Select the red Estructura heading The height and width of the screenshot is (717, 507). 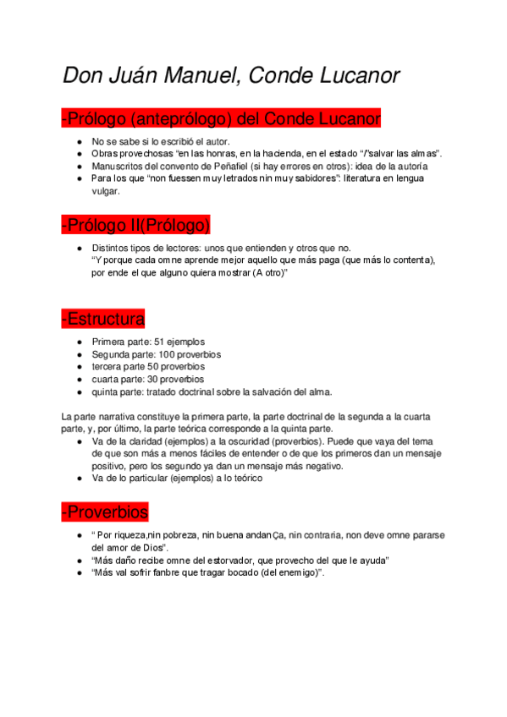coord(103,319)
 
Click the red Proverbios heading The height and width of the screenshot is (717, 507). coord(105,512)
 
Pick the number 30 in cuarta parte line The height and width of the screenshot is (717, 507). coord(150,380)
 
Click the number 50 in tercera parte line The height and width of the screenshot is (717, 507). coord(152,367)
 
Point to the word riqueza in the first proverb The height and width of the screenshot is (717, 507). coord(127,535)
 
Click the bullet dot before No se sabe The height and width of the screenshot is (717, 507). coord(79,141)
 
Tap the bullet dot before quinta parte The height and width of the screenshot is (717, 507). coord(79,392)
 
